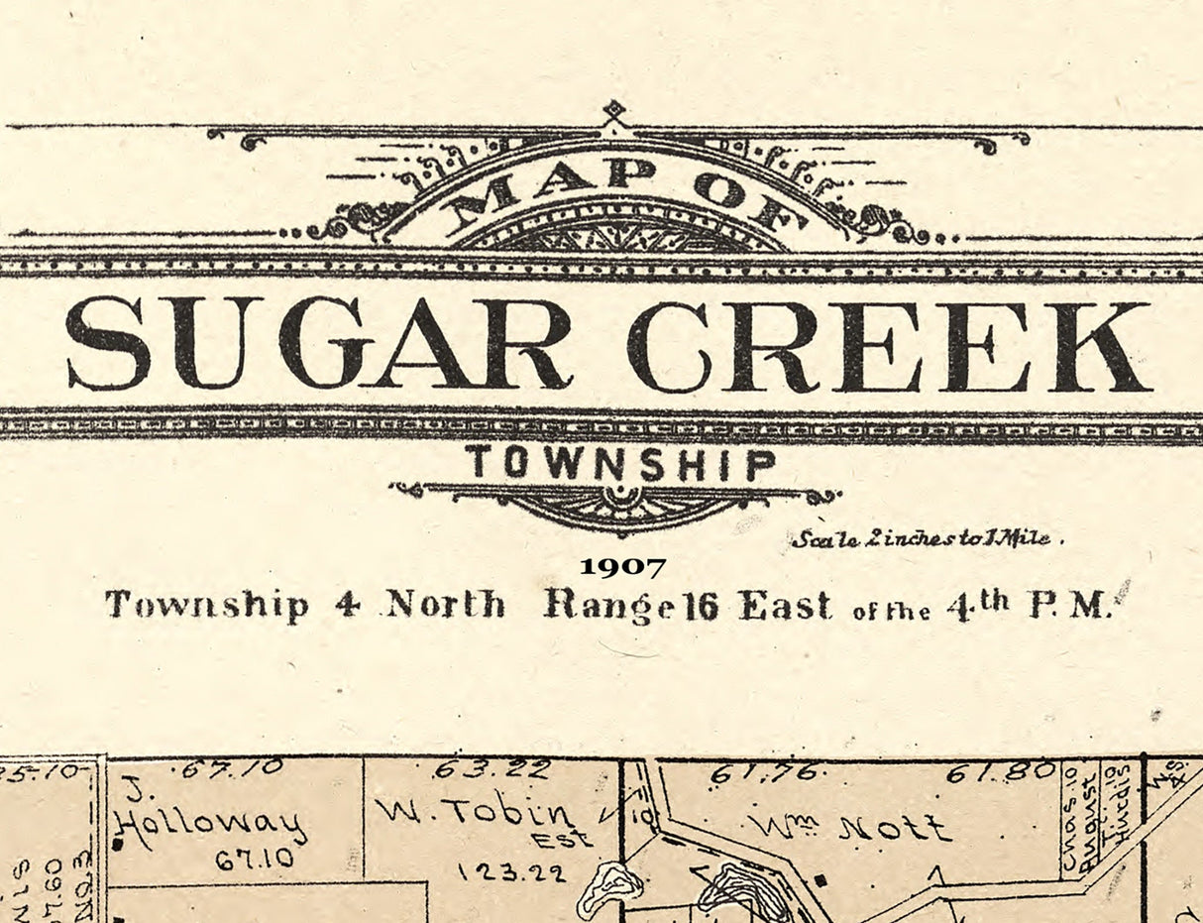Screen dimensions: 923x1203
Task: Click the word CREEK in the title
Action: pos(889,346)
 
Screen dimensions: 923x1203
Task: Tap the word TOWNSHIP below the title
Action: pos(621,464)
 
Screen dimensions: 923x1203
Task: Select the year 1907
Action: pos(622,567)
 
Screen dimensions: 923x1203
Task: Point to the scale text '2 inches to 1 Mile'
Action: pos(927,539)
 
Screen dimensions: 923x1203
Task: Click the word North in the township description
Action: pos(445,604)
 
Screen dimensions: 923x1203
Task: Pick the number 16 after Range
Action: pos(701,606)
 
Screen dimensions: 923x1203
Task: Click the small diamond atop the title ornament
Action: pos(615,109)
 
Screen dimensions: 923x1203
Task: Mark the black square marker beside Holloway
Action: pos(118,844)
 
